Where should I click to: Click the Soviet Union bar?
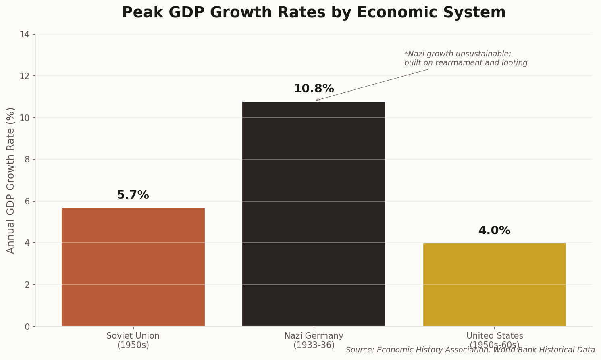(x=133, y=267)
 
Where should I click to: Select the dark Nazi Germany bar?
(x=314, y=214)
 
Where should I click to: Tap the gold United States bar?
(x=494, y=285)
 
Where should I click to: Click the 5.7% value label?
(x=133, y=195)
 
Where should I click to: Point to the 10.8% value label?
(x=314, y=89)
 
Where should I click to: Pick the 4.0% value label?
(x=494, y=231)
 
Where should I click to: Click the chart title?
(x=314, y=12)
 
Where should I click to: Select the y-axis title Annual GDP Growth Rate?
(x=11, y=180)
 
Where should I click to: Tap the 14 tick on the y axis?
(x=25, y=35)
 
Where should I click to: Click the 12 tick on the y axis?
(x=25, y=76)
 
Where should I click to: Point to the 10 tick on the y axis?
(x=25, y=118)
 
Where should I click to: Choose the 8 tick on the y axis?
(x=27, y=160)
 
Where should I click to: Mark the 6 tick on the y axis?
(x=27, y=202)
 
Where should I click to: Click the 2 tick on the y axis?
(x=27, y=285)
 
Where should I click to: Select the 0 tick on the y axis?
(x=27, y=327)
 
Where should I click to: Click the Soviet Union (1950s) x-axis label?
(x=133, y=340)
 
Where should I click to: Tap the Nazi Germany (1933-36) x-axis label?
(x=314, y=340)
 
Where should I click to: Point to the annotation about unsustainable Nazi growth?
(x=466, y=58)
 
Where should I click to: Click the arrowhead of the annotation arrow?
(x=316, y=100)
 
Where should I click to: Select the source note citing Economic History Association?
(x=470, y=350)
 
